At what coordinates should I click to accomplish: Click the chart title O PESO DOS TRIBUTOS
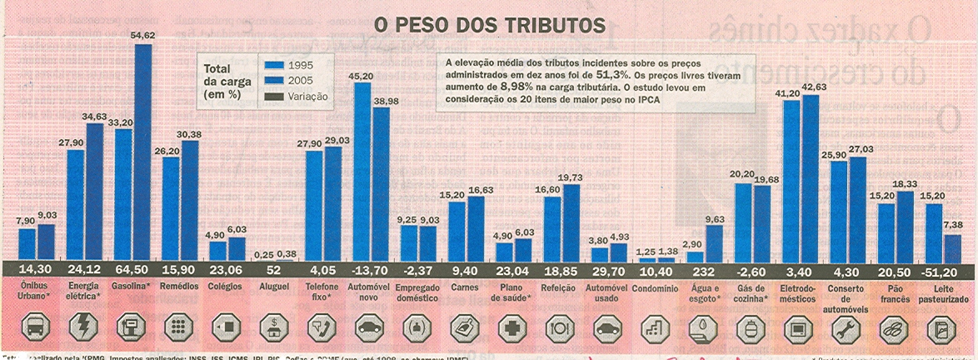pyautogui.click(x=488, y=26)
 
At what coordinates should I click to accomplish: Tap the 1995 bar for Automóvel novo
pyautogui.click(x=362, y=171)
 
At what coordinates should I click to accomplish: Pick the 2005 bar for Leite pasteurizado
pyautogui.click(x=951, y=247)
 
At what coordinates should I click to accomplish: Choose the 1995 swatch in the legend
pyautogui.click(x=274, y=65)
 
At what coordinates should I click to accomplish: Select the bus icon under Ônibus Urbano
pyautogui.click(x=36, y=327)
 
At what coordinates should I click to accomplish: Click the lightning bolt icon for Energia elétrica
pyautogui.click(x=83, y=327)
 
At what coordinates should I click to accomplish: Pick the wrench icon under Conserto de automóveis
pyautogui.click(x=846, y=327)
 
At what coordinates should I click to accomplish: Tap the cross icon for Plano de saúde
pyautogui.click(x=512, y=327)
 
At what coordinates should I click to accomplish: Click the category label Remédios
pyautogui.click(x=179, y=286)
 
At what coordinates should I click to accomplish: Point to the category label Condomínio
pyautogui.click(x=655, y=286)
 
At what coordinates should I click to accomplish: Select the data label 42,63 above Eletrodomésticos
pyautogui.click(x=811, y=87)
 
